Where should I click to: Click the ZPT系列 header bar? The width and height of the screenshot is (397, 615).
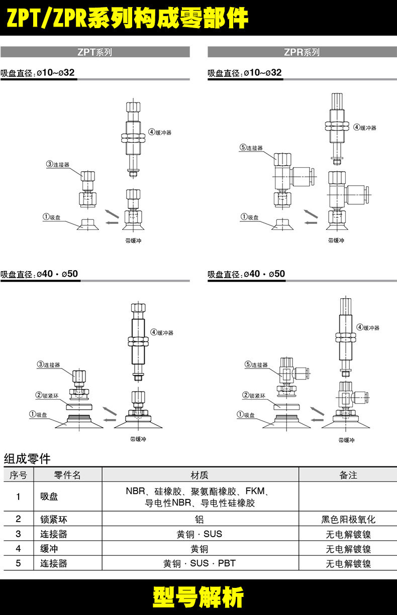(x=95, y=52)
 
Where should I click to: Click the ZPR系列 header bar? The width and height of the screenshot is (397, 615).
(x=302, y=52)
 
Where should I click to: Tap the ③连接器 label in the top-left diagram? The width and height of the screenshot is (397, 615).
(x=58, y=164)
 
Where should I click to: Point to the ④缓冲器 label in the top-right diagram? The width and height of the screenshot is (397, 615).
(x=364, y=128)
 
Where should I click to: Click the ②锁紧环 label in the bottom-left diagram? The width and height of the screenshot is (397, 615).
(x=49, y=395)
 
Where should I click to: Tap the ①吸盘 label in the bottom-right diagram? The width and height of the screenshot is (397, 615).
(x=246, y=415)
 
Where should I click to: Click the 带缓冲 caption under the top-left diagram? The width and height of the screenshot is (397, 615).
(x=133, y=240)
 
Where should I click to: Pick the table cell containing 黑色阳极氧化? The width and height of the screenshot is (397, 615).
(x=348, y=520)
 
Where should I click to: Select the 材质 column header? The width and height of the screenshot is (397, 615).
(x=200, y=475)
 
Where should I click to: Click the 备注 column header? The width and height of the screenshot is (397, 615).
(x=348, y=475)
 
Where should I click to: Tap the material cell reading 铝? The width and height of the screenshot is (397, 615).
(x=200, y=520)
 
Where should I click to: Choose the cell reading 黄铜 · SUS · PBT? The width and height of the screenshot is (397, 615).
(x=200, y=563)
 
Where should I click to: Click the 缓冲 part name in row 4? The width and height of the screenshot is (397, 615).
(x=49, y=549)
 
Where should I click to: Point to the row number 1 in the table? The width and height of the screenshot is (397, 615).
(x=18, y=497)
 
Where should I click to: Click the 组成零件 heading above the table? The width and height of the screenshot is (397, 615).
(x=27, y=458)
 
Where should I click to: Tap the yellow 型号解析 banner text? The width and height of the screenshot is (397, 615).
(x=198, y=597)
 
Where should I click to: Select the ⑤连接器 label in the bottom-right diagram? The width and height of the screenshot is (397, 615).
(x=256, y=365)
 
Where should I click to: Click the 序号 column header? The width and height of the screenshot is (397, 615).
(x=18, y=475)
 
